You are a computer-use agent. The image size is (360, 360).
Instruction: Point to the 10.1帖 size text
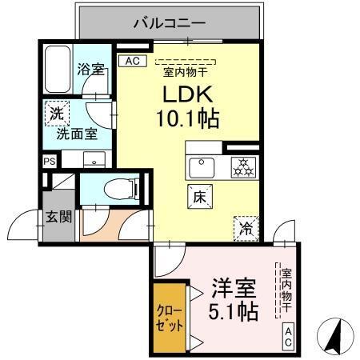189,119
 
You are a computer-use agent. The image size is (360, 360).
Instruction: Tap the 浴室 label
90,70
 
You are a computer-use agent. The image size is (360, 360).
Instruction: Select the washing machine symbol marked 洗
57,114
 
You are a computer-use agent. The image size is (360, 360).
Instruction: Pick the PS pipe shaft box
50,160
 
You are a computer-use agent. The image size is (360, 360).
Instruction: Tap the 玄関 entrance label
58,217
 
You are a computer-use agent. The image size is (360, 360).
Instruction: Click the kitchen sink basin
200,168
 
